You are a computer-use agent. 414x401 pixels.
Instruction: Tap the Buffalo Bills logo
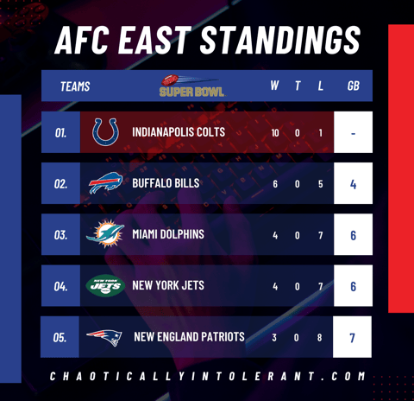click(105, 183)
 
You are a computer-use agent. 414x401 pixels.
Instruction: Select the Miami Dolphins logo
click(105, 233)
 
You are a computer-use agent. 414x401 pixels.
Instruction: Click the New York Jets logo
click(105, 285)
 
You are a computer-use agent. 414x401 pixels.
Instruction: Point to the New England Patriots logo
click(104, 337)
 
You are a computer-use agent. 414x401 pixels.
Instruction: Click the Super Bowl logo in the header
click(191, 86)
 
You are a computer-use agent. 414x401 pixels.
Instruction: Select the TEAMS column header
click(75, 86)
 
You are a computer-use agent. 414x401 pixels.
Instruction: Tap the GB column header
click(354, 86)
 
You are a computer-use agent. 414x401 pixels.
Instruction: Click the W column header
click(274, 86)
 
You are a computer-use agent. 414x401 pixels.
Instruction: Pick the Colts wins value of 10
click(275, 133)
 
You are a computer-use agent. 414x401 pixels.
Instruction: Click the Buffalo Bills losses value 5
click(320, 184)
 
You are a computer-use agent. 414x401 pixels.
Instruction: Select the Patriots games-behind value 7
click(352, 338)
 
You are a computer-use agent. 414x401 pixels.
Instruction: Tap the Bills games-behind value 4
click(353, 184)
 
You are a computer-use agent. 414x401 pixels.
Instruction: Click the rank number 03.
click(60, 235)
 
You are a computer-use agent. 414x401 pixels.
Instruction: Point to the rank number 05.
click(60, 337)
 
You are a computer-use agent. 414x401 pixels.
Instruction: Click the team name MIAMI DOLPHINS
click(168, 234)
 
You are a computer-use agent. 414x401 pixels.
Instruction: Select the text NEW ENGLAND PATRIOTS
click(189, 337)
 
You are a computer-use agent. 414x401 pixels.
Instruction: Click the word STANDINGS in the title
click(280, 40)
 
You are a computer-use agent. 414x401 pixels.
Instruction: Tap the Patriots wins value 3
click(274, 338)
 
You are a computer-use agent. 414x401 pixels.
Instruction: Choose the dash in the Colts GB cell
click(353, 133)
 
